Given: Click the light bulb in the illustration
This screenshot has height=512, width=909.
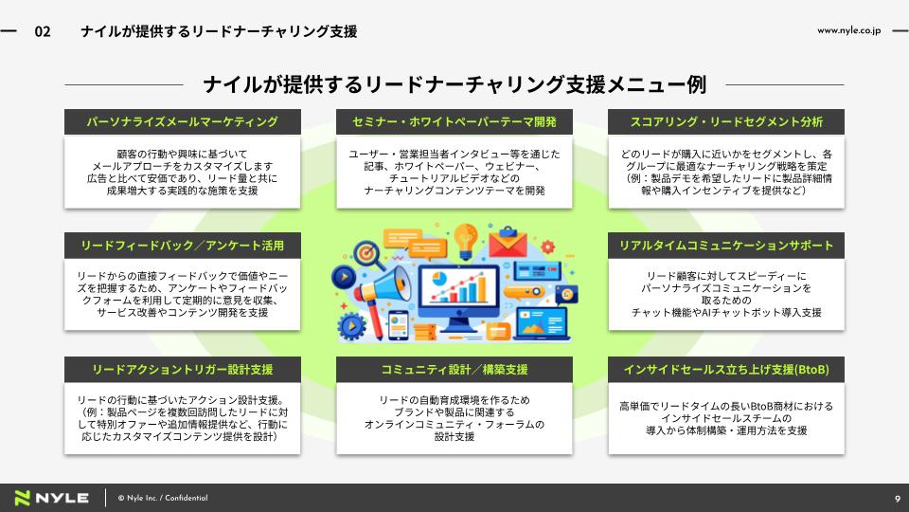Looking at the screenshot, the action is [465, 240].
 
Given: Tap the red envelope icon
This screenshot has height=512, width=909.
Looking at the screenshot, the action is [508, 242].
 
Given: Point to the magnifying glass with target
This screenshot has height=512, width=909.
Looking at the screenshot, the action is [368, 254].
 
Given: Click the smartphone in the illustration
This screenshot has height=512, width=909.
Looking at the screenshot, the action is [399, 325].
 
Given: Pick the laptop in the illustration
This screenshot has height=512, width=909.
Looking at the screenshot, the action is [542, 323].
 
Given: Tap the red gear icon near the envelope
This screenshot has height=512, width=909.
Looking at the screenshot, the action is [548, 247].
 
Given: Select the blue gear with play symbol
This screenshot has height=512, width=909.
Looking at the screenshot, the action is [350, 325].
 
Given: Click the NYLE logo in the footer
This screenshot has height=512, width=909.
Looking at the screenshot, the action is [51, 498].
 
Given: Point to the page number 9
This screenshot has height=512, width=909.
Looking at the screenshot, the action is [898, 499].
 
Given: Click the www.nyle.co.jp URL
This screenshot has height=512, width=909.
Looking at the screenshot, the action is [848, 30].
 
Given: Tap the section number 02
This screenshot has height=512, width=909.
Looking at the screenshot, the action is [43, 31].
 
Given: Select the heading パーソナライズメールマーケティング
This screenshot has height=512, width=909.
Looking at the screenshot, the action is [182, 122].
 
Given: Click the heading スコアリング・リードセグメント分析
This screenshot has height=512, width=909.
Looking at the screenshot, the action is [726, 122].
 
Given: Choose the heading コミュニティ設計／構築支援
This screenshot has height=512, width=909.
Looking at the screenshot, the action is [454, 370].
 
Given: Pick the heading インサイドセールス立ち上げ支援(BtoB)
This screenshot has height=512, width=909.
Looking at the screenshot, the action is [726, 370].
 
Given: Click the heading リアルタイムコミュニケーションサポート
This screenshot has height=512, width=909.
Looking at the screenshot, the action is [726, 246].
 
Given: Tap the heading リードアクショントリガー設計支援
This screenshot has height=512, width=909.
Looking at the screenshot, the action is [182, 370].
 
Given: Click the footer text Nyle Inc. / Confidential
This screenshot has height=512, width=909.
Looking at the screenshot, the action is [163, 498].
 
